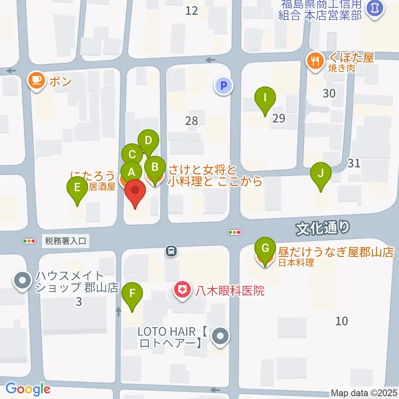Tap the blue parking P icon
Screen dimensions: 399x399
(x=224, y=86)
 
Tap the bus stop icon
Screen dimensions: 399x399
(x=170, y=251)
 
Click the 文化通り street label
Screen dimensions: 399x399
(x=323, y=227)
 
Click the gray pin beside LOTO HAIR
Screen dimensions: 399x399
(x=220, y=336)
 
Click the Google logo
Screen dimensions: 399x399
(x=28, y=389)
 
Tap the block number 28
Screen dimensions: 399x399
(x=192, y=121)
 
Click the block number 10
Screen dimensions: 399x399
(x=342, y=321)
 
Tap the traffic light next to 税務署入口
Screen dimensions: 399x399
(x=29, y=241)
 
